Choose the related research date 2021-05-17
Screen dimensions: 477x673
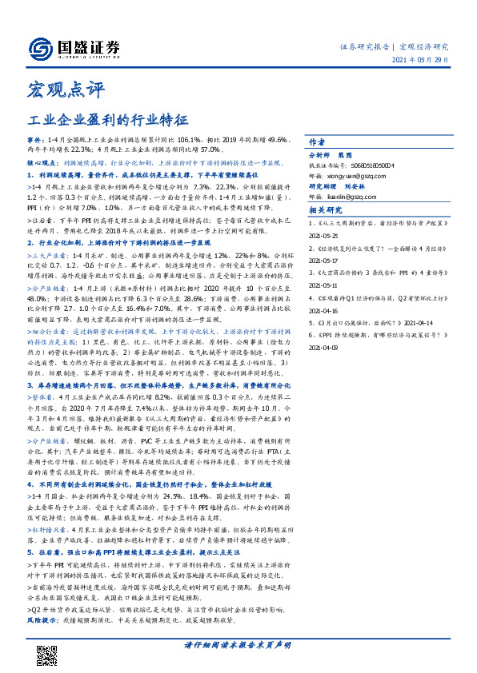(x=326, y=261)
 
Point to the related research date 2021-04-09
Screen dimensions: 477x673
(x=326, y=348)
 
